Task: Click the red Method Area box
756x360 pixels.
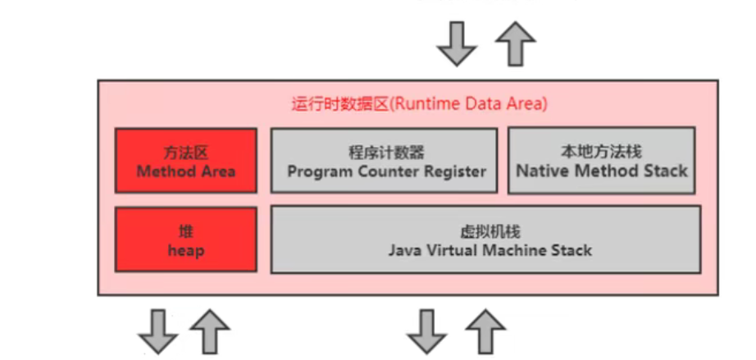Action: click(185, 161)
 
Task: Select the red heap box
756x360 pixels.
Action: click(185, 239)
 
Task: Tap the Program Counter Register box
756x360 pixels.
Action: click(384, 161)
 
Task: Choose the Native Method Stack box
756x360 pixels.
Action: click(602, 161)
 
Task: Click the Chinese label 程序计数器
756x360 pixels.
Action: click(383, 153)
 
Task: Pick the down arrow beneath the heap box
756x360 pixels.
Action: click(158, 332)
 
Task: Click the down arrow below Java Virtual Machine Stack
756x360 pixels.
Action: click(427, 332)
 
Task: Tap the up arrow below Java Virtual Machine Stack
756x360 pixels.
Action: click(485, 332)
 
